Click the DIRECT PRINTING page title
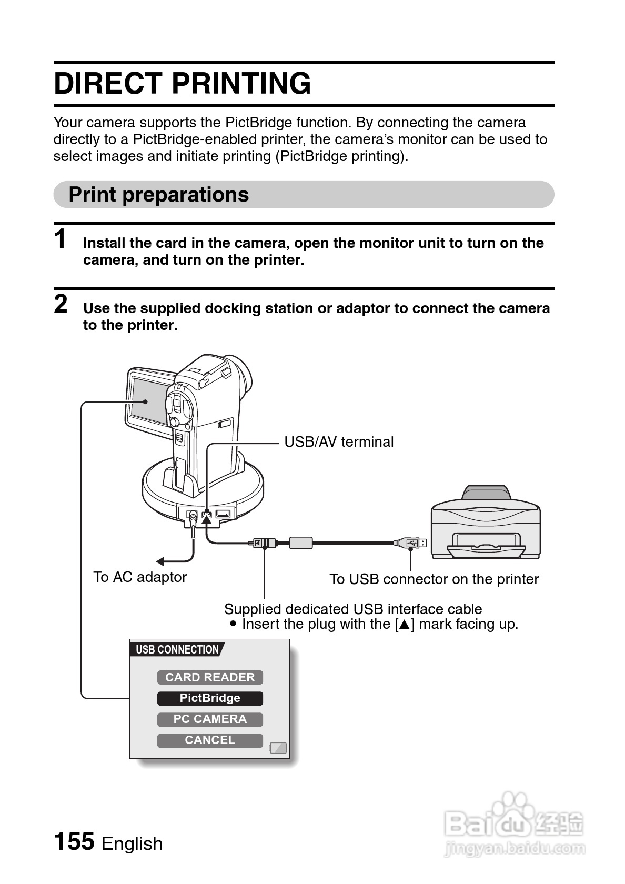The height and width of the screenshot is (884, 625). click(x=182, y=84)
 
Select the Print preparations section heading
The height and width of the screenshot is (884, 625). click(x=158, y=195)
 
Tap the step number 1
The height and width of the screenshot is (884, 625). click(x=61, y=239)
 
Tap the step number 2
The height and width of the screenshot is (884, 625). click(x=61, y=305)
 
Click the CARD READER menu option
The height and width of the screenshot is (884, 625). click(x=210, y=678)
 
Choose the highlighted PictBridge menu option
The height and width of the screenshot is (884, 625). click(x=210, y=698)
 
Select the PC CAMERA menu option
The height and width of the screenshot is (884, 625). click(x=210, y=719)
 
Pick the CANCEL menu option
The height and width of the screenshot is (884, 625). click(x=210, y=740)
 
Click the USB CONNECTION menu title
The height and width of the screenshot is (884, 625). click(x=177, y=650)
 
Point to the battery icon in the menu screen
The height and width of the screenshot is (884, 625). click(x=278, y=748)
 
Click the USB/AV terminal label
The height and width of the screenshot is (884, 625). click(x=339, y=442)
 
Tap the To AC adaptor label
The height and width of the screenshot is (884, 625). click(x=140, y=577)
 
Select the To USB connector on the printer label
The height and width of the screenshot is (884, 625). click(x=434, y=579)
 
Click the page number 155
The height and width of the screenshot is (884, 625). click(x=74, y=841)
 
